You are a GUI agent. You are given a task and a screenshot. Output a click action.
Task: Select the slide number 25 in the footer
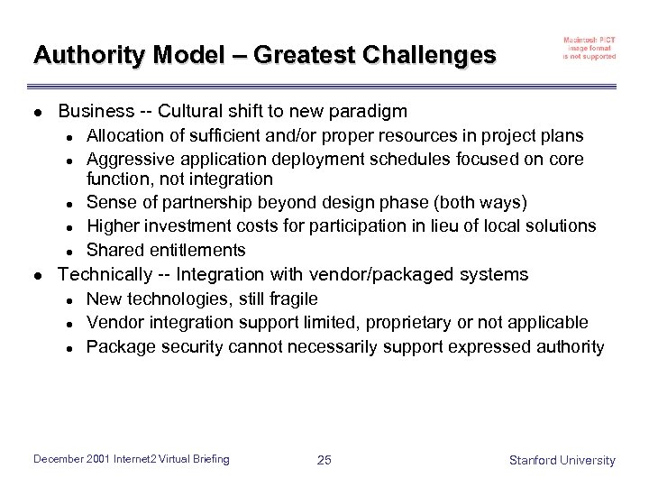[x=324, y=461]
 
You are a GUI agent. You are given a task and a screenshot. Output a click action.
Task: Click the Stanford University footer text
[x=562, y=461]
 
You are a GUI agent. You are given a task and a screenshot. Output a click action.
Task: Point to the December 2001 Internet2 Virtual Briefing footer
[x=132, y=460]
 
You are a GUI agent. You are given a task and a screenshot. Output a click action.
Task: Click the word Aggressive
[x=126, y=160]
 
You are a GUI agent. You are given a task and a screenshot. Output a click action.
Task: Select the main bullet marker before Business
[x=37, y=113]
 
